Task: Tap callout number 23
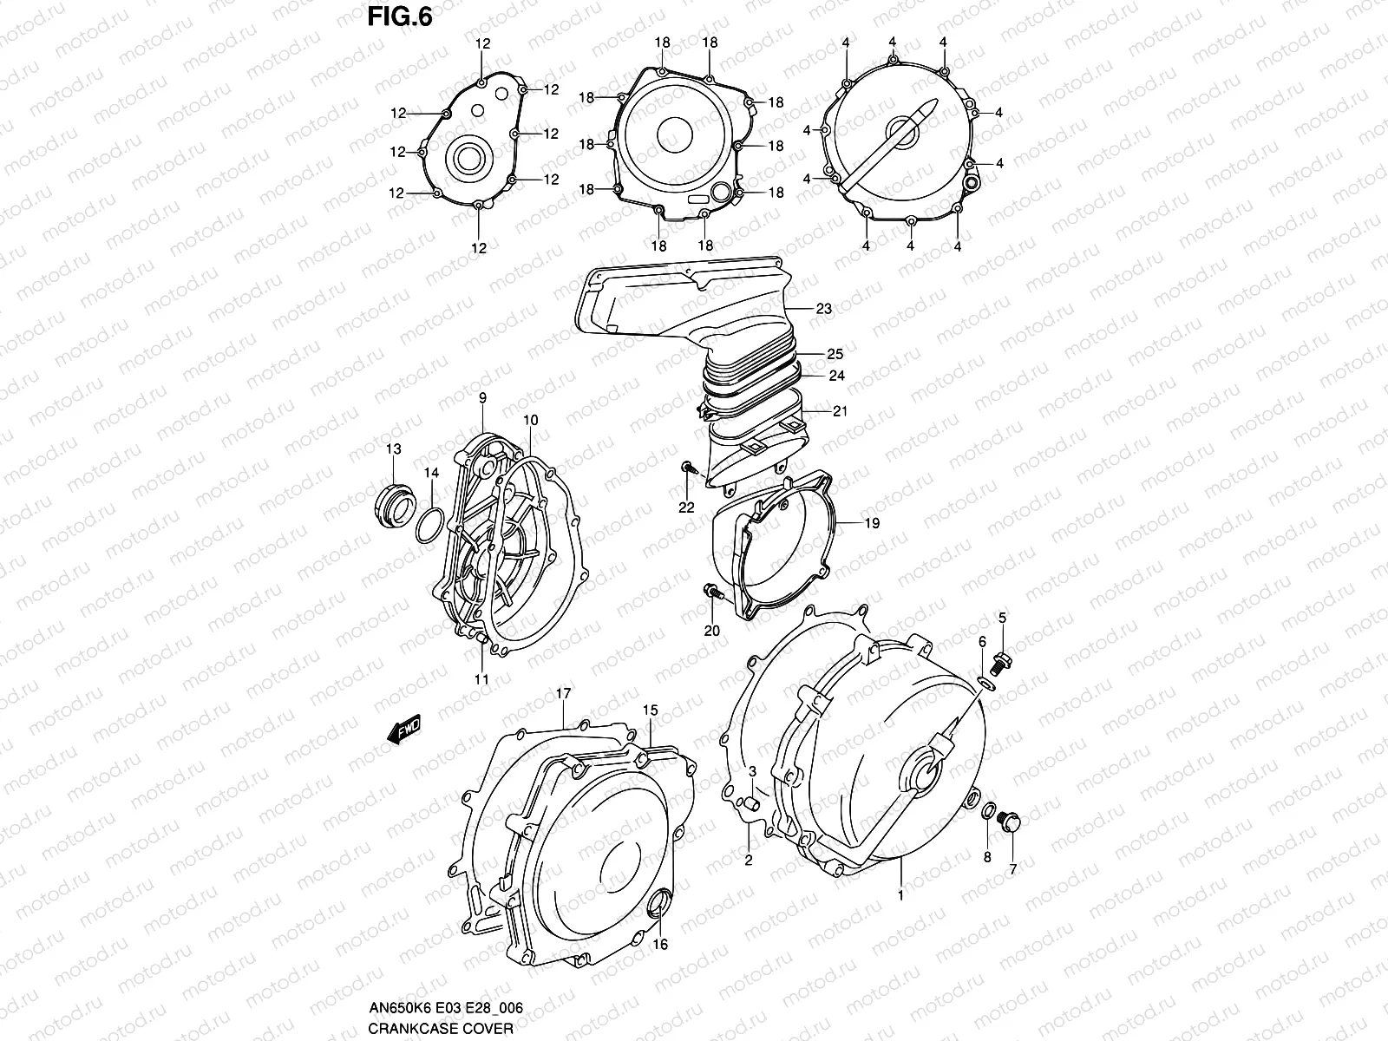click(x=823, y=308)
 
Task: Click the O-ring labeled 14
click(x=429, y=527)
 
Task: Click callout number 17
click(x=563, y=694)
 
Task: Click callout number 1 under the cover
click(x=900, y=895)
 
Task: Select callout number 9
click(x=482, y=398)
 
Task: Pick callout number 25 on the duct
click(x=835, y=355)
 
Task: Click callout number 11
click(x=481, y=679)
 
